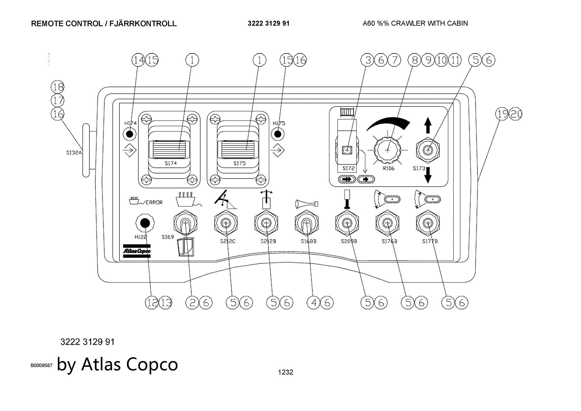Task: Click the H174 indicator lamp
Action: click(130, 134)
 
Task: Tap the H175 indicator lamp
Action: click(278, 134)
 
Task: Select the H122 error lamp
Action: click(145, 223)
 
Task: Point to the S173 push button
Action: click(428, 150)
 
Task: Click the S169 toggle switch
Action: click(185, 223)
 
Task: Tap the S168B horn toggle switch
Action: click(306, 223)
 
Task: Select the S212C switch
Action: click(225, 223)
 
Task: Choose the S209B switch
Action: click(347, 223)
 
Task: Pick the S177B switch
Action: click(428, 223)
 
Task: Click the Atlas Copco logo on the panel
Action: click(137, 251)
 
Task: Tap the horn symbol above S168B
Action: click(306, 204)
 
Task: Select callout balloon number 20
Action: click(516, 114)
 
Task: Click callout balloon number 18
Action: click(58, 87)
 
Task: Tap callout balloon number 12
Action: click(152, 303)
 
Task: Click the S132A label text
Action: click(74, 153)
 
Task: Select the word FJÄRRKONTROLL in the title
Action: click(143, 24)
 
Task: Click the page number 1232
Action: click(286, 372)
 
